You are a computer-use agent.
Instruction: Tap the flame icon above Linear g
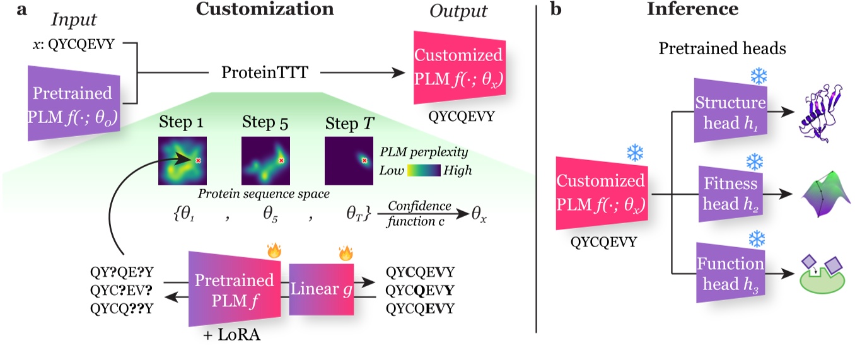click(x=344, y=254)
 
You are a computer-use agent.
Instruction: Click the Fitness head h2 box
click(x=730, y=195)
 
